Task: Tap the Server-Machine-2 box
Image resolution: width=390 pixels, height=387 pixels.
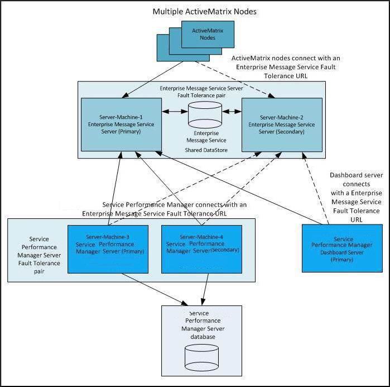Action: tap(281, 125)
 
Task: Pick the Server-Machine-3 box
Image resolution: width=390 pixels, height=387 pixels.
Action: tap(108, 249)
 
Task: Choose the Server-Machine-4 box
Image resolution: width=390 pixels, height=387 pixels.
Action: tap(201, 249)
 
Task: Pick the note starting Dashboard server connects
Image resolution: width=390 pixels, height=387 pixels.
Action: tap(356, 197)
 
